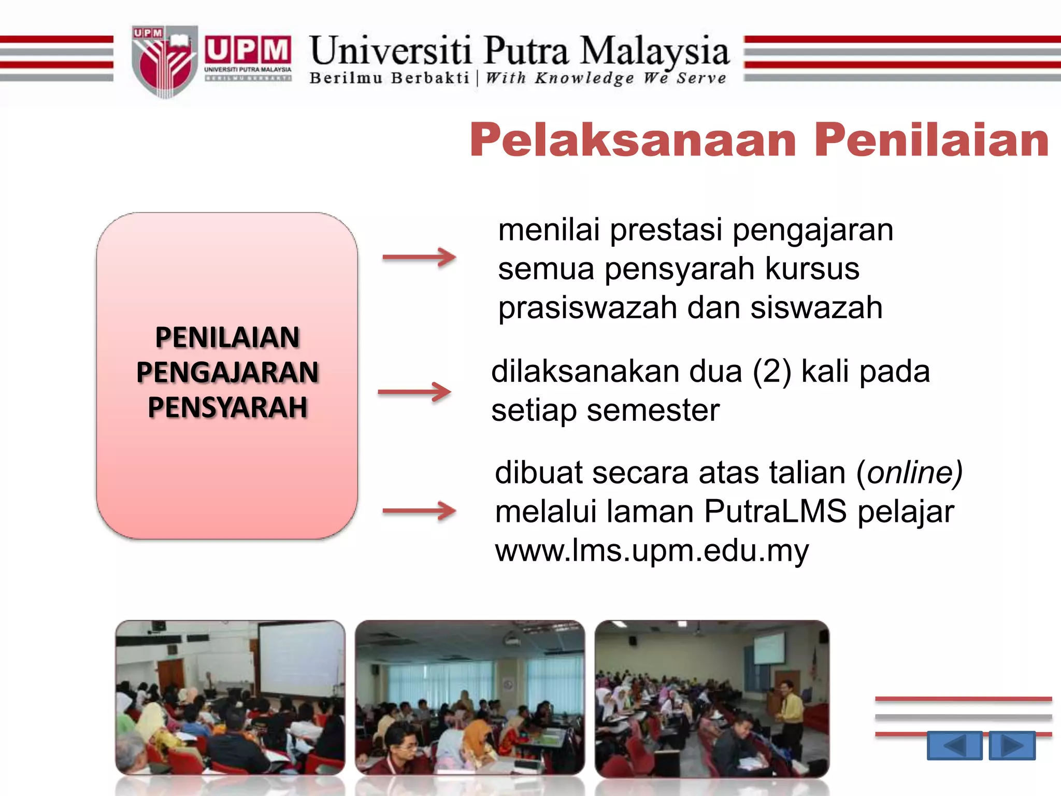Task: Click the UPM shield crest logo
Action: (x=164, y=61)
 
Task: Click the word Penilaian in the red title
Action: (x=931, y=140)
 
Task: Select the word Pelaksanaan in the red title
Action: (x=633, y=140)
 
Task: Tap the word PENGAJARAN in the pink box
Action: (x=227, y=372)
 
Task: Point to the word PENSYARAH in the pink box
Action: (x=227, y=407)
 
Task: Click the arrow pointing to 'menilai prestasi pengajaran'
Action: (x=419, y=257)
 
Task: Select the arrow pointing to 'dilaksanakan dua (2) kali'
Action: (x=414, y=392)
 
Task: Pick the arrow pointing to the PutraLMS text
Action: (x=419, y=511)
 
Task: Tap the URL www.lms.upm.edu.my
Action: (x=652, y=550)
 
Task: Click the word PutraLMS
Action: (x=775, y=511)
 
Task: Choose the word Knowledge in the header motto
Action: (x=584, y=78)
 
